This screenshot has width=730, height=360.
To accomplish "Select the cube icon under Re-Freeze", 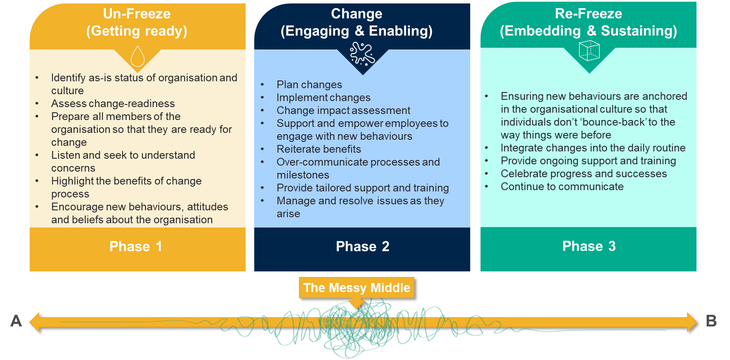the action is click(589, 50).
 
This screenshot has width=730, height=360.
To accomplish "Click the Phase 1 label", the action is click(136, 246).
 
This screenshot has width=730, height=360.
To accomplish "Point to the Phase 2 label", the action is click(362, 246).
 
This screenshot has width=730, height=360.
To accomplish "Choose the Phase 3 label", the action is click(589, 246).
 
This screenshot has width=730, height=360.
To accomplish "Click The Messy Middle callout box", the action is click(357, 288).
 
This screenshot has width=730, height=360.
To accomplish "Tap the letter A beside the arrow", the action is click(16, 321).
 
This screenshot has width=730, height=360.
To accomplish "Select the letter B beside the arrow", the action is click(711, 321).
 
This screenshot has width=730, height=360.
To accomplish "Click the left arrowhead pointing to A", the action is click(34, 322).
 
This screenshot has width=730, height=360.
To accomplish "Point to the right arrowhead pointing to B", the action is click(692, 322).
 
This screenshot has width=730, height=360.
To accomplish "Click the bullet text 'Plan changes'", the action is click(309, 85).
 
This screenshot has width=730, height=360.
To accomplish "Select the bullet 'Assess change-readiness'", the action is click(113, 104).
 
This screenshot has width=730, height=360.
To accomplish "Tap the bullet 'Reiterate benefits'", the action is click(319, 149).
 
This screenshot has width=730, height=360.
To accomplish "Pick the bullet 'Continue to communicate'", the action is click(562, 187).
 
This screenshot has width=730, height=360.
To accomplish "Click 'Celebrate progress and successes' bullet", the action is click(584, 174).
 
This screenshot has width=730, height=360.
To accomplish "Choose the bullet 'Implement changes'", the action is click(323, 97).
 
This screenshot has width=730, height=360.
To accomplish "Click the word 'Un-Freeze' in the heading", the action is click(137, 14).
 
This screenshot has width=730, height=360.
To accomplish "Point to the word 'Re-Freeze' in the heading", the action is click(588, 14).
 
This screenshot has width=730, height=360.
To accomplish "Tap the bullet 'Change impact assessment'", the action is click(343, 111).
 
